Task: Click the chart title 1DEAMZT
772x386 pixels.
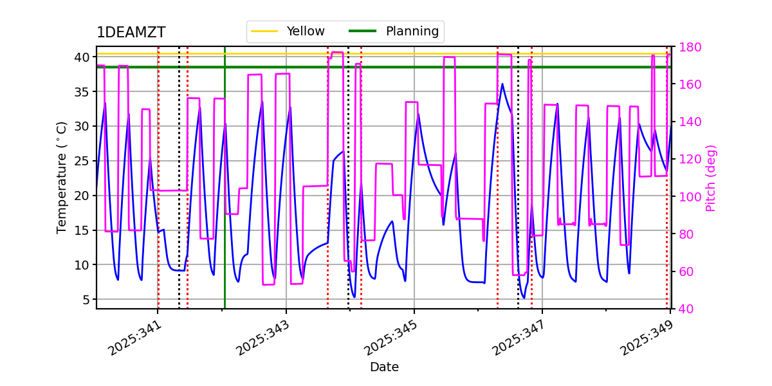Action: (131, 33)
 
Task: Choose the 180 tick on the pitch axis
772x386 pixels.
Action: (687, 47)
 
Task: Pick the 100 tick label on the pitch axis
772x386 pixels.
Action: (687, 196)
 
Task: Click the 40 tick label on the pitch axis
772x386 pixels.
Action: (685, 309)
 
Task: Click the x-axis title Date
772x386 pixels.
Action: (384, 367)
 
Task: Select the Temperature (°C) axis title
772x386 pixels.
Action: (62, 178)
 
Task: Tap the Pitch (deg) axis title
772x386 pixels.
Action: (711, 178)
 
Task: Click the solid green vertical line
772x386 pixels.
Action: (225, 193)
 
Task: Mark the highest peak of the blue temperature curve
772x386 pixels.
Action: (502, 84)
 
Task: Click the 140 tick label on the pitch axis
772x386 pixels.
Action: (687, 122)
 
